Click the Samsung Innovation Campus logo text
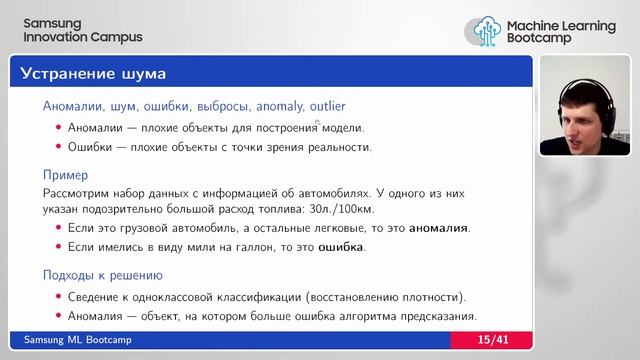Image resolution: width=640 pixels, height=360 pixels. coord(82,30)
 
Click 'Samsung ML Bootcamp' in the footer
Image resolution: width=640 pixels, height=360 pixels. coord(77,341)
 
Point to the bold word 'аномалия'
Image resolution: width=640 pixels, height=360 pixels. coord(433,228)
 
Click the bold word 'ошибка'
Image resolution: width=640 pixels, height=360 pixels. coord(341,246)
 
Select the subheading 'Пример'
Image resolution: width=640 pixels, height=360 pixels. coord(65,175)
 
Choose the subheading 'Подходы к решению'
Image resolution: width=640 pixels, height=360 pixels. coord(103,275)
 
